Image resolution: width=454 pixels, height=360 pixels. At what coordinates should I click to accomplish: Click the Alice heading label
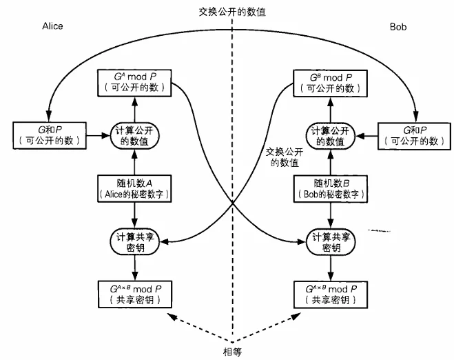pyautogui.click(x=53, y=26)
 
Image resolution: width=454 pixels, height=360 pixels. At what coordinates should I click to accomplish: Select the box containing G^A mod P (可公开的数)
pyautogui.click(x=136, y=83)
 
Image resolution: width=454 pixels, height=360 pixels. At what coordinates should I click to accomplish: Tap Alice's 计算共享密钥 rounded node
pyautogui.click(x=135, y=239)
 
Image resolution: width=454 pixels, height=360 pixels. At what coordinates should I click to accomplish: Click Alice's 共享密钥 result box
pyautogui.click(x=136, y=293)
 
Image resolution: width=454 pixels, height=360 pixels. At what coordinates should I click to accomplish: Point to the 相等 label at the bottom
pyautogui.click(x=233, y=350)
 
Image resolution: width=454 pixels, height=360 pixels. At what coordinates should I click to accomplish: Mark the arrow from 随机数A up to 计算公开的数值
pyautogui.click(x=136, y=163)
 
